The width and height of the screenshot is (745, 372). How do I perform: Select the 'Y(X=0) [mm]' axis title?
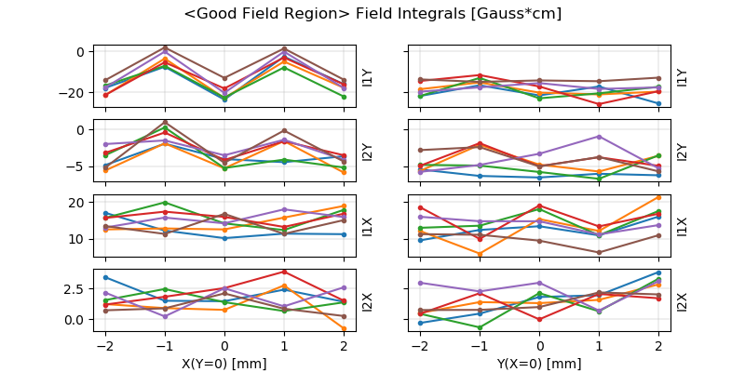click(x=540, y=363)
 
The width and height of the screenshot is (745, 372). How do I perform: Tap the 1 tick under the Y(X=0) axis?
click(x=600, y=344)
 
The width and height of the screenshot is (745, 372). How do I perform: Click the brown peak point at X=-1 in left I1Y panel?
click(x=165, y=47)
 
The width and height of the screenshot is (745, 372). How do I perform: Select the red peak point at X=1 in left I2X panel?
click(x=284, y=272)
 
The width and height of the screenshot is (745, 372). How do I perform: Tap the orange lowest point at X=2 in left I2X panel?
click(x=344, y=328)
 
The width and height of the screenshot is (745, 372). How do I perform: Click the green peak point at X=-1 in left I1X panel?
click(x=165, y=202)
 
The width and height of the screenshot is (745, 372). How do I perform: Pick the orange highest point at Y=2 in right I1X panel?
click(x=658, y=197)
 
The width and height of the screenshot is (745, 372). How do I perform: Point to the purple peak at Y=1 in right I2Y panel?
click(x=599, y=137)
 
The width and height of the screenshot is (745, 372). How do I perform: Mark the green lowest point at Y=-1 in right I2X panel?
click(x=480, y=327)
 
